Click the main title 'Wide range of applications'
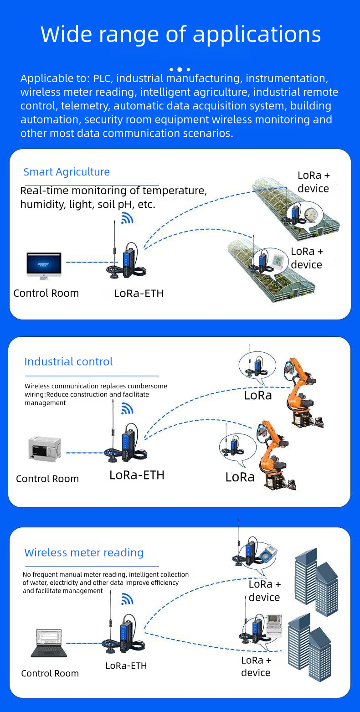tap(180, 35)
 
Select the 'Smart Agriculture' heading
tap(67, 172)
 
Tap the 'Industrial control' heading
tap(68, 361)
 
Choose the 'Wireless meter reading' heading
tap(84, 552)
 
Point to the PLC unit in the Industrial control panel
tap(45, 449)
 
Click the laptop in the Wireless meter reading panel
tap(49, 643)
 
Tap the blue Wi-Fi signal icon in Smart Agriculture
tap(127, 218)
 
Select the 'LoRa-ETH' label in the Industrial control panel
tap(137, 475)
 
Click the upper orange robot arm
tap(301, 392)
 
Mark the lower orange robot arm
tap(276, 456)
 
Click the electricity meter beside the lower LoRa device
tap(274, 625)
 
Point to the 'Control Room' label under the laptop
tap(50, 673)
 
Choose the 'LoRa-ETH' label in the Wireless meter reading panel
tap(126, 666)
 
